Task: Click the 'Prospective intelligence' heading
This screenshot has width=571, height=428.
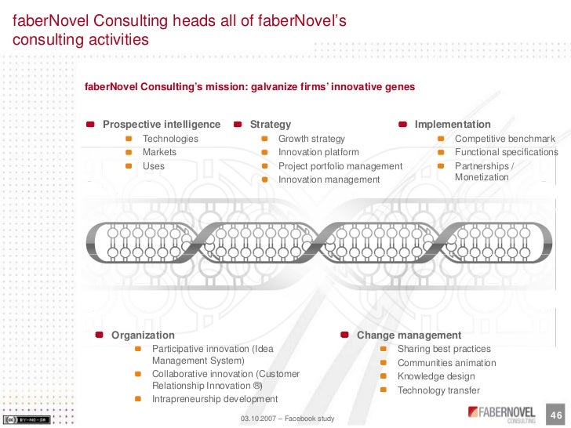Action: [162, 124]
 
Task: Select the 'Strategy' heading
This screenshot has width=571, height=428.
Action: [270, 124]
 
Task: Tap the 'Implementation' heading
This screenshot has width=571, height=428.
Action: [453, 124]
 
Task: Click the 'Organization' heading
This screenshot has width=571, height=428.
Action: [143, 335]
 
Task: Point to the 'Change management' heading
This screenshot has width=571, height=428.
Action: [409, 335]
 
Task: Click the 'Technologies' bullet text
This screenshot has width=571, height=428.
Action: [170, 139]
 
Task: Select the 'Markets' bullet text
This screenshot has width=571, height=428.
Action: [159, 152]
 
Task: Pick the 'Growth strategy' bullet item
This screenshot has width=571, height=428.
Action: [311, 139]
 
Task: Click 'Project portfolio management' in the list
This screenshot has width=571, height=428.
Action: [340, 166]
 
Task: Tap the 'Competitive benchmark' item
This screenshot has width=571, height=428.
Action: [505, 139]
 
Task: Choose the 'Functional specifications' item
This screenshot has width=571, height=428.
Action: [507, 152]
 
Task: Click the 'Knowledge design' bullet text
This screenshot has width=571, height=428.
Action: [436, 376]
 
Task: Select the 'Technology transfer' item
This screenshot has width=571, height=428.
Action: [438, 390]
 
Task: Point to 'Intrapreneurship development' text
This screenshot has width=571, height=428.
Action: [215, 399]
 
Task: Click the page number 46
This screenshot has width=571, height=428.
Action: [558, 414]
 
